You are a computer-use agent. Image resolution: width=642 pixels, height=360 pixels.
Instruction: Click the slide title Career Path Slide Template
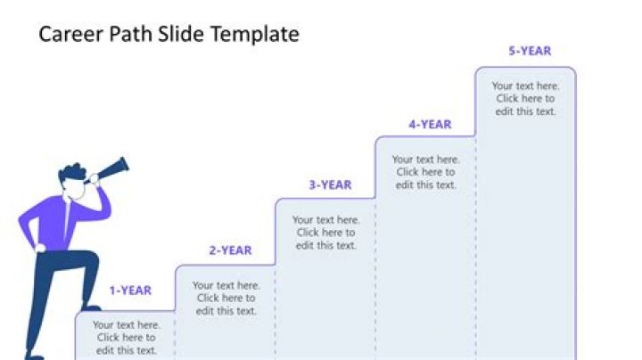(x=169, y=35)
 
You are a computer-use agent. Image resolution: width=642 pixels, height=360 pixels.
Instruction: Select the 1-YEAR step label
(x=130, y=290)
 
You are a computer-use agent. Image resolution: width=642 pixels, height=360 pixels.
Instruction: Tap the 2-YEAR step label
(x=230, y=250)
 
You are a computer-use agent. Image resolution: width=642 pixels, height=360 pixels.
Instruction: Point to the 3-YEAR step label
(x=330, y=184)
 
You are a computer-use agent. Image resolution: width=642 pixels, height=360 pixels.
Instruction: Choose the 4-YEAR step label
(x=430, y=125)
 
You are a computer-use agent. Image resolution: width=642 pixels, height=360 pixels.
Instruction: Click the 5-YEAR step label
(x=530, y=51)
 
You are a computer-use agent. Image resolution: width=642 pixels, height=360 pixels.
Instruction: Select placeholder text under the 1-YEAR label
(x=126, y=338)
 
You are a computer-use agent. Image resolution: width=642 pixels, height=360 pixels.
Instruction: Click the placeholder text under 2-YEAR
(x=226, y=299)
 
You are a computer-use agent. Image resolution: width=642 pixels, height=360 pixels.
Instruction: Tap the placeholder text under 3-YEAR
(x=325, y=233)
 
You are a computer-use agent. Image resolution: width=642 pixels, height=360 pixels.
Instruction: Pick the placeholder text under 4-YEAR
(x=425, y=172)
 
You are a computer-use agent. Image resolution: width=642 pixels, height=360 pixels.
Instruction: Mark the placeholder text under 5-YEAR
(x=525, y=99)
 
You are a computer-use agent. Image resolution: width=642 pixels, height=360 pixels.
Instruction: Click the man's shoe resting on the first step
(x=89, y=307)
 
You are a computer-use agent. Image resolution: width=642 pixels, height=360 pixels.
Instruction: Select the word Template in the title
(x=259, y=35)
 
